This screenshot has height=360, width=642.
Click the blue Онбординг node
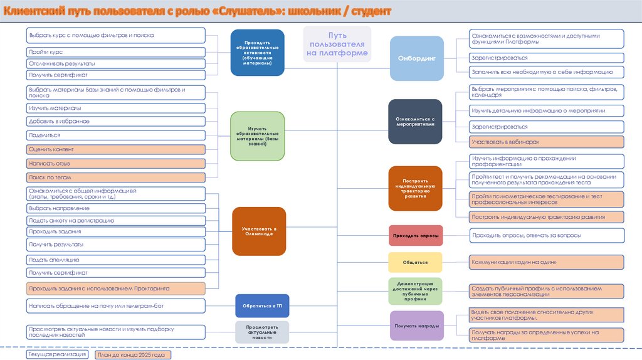[416, 58]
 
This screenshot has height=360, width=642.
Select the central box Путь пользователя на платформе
[337, 45]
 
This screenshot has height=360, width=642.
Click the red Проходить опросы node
[416, 235]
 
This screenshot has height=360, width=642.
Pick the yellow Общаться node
[416, 262]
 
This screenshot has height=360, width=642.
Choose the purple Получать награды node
[416, 326]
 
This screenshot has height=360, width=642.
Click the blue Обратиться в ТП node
[262, 305]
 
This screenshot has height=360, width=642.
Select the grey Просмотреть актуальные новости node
[262, 332]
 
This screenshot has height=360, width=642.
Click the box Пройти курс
[115, 52]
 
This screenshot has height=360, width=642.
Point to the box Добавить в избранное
[115, 121]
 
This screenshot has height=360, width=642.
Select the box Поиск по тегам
[115, 177]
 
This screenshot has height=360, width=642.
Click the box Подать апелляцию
[115, 260]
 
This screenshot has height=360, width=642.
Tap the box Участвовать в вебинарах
[547, 142]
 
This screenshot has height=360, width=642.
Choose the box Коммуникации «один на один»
[547, 262]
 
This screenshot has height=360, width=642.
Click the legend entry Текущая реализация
[57, 354]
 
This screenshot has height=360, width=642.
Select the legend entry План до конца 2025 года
[132, 355]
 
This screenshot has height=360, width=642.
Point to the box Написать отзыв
[115, 164]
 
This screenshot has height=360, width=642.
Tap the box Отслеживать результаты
[115, 64]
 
